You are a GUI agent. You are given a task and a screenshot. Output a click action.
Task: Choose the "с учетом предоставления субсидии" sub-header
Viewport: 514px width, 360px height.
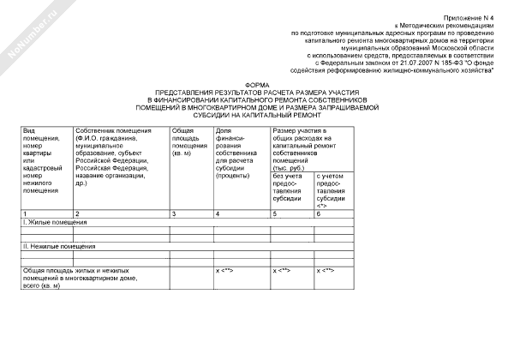click(333, 190)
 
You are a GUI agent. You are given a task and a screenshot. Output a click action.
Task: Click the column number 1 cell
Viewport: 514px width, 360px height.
click(26, 212)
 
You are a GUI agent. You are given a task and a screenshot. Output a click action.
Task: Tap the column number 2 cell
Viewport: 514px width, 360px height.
click(78, 212)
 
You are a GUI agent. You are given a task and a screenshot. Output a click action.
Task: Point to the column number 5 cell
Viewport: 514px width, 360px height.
click(275, 212)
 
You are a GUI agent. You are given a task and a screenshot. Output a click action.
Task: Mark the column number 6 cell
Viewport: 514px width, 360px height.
click(320, 212)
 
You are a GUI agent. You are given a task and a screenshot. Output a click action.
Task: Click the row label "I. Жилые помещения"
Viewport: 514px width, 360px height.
click(51, 221)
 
